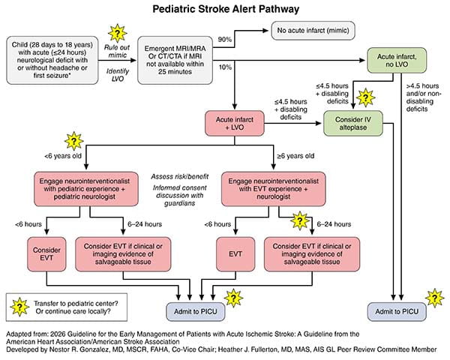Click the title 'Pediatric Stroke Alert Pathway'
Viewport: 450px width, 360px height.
pyautogui.click(x=225, y=11)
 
